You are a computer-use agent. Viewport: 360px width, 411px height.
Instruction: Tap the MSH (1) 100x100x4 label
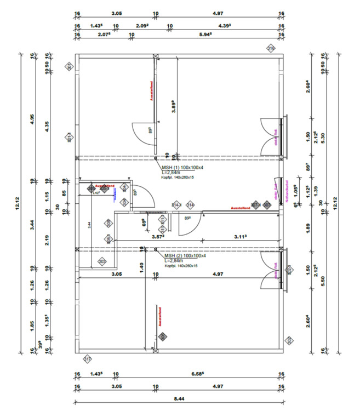pyautogui.click(x=183, y=167)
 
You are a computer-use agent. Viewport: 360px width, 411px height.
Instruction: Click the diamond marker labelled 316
pyautogui.click(x=271, y=49)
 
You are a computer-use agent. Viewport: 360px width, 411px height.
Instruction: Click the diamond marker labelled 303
pyautogui.click(x=102, y=262)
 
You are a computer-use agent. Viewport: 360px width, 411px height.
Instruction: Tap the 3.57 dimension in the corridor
pyautogui.click(x=158, y=237)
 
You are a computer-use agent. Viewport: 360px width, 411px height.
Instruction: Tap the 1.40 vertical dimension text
pyautogui.click(x=141, y=268)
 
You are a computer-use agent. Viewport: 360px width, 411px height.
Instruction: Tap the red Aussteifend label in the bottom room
pyautogui.click(x=161, y=317)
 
